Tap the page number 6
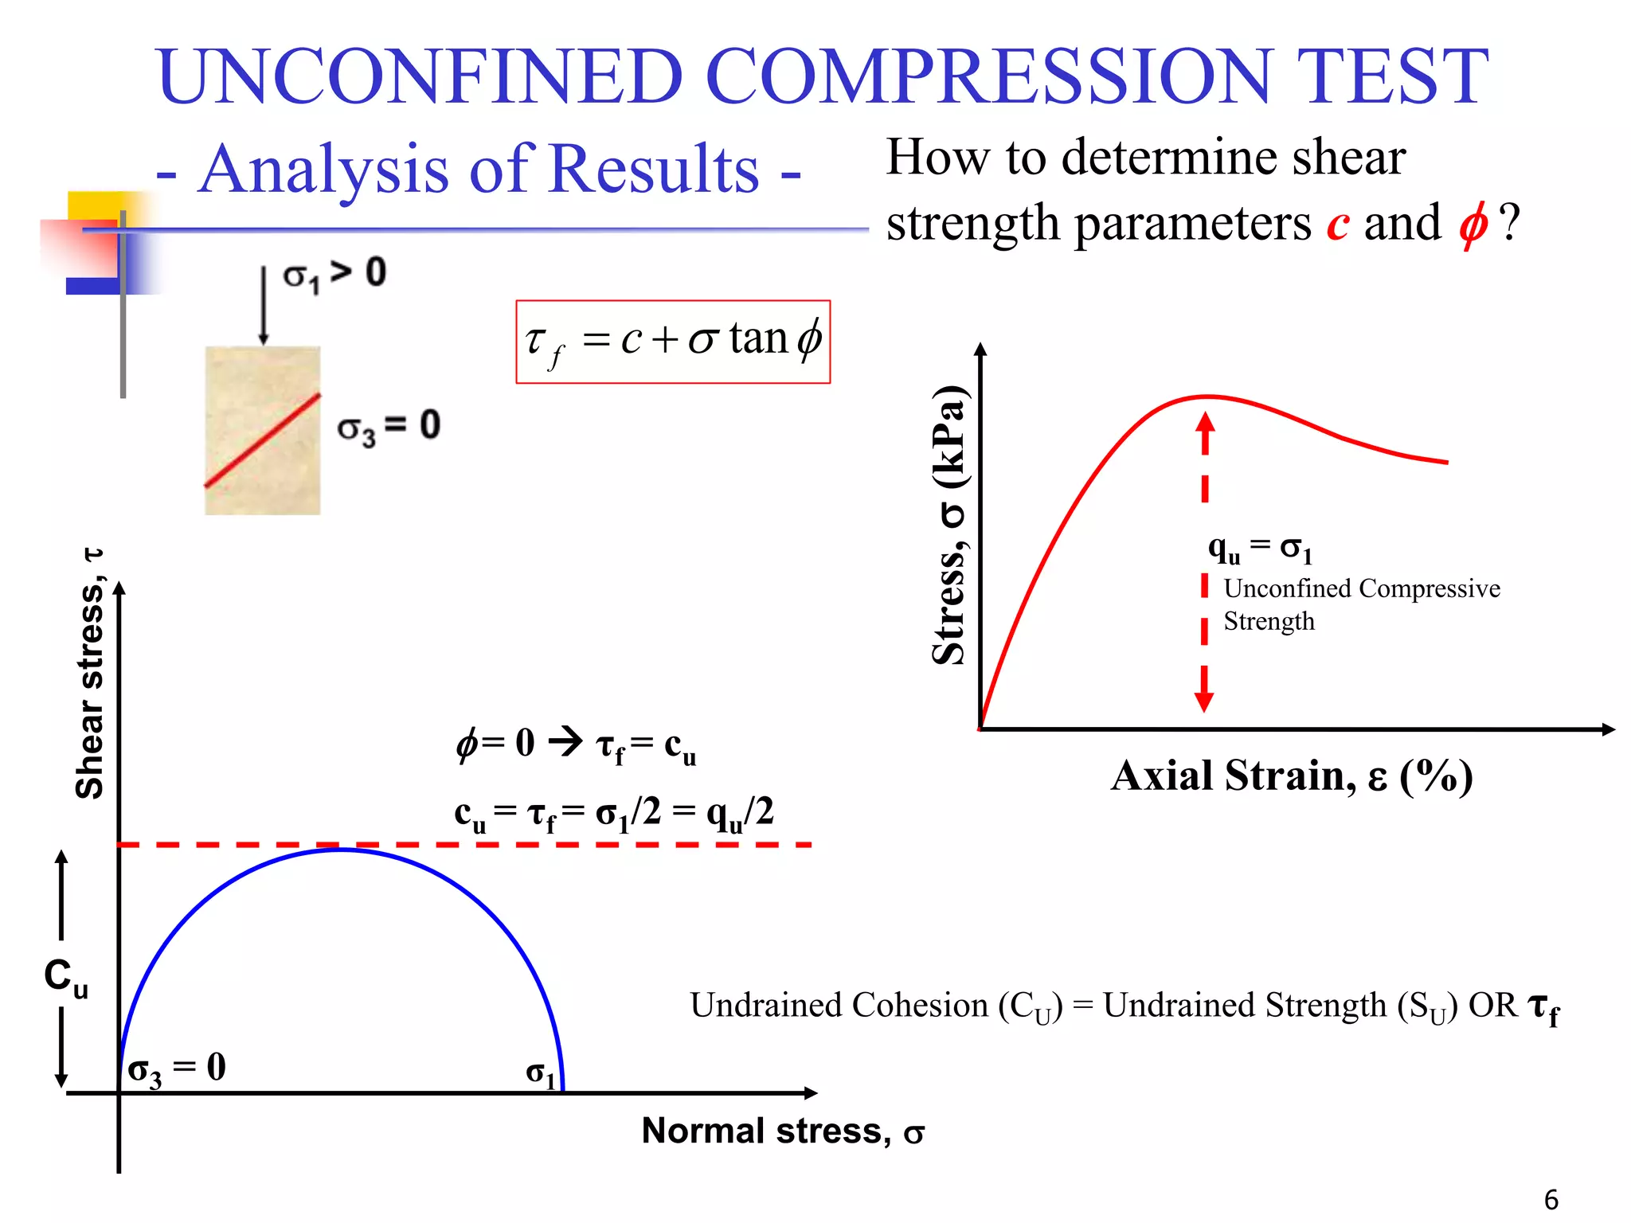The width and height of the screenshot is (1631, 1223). click(1551, 1199)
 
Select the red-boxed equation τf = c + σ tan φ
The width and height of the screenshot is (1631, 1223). click(673, 342)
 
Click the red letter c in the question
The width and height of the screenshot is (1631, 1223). click(1337, 224)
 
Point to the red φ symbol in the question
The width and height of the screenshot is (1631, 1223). click(1473, 224)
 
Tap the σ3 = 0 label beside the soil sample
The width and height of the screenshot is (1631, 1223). click(389, 427)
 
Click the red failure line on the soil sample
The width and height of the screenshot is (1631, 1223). click(263, 440)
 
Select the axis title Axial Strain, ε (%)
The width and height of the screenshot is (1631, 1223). click(1291, 776)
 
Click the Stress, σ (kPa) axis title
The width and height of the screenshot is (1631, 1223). click(949, 526)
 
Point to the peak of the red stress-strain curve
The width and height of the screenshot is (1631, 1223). click(1207, 396)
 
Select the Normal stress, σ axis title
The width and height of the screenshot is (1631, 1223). click(783, 1131)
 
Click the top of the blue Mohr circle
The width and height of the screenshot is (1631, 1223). click(342, 850)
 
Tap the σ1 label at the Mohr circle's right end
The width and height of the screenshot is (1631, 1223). click(540, 1073)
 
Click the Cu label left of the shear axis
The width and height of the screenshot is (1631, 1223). click(65, 977)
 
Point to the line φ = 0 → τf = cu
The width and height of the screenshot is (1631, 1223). click(576, 744)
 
